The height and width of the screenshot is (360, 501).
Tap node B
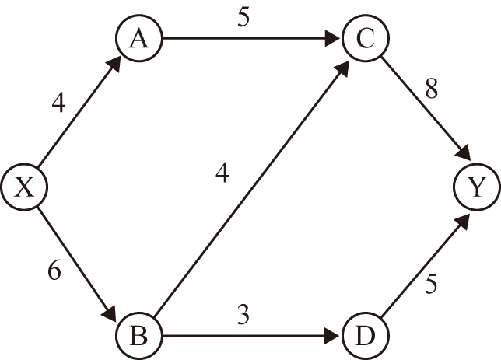[x=138, y=336]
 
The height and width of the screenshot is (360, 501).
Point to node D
[x=362, y=336]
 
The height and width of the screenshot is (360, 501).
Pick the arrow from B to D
[x=250, y=336]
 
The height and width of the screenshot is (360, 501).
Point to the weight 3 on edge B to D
[x=245, y=315]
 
